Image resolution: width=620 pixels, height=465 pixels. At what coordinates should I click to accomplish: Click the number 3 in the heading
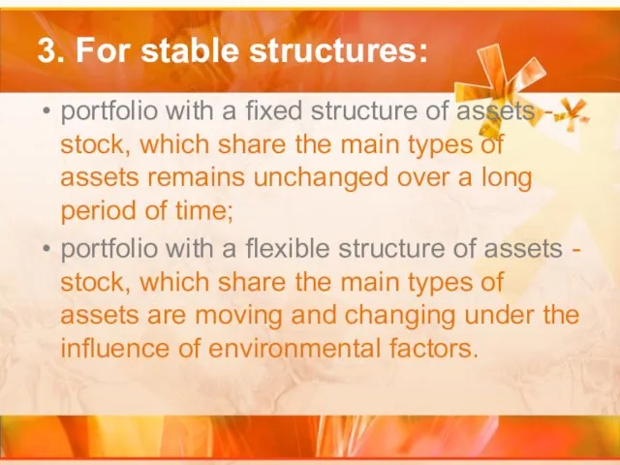click(x=46, y=51)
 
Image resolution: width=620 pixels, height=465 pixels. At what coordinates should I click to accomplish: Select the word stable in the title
click(x=190, y=50)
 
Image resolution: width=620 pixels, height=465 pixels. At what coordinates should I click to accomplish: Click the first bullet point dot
click(x=46, y=111)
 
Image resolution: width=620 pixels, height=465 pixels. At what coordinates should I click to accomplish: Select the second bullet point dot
click(x=46, y=249)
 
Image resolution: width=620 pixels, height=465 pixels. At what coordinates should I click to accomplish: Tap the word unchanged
click(x=321, y=178)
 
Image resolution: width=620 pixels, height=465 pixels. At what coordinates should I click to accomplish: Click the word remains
click(x=196, y=177)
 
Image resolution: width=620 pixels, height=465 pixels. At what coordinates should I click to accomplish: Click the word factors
click(x=434, y=348)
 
